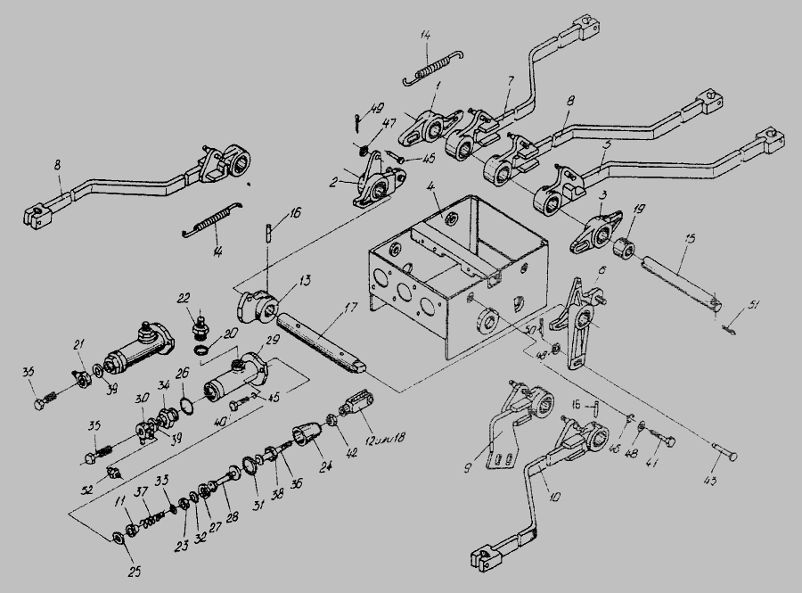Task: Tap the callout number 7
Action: tap(510, 81)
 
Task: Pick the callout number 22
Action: tap(184, 298)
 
